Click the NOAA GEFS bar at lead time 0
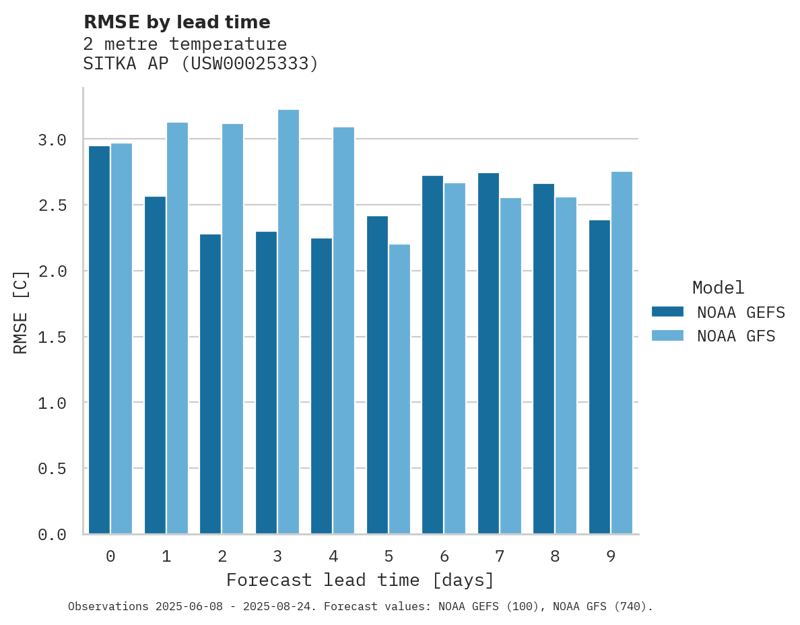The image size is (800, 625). click(99, 340)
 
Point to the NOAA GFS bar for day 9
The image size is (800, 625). click(622, 353)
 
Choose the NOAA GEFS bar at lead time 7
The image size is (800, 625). click(488, 354)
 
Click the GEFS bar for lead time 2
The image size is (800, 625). click(210, 384)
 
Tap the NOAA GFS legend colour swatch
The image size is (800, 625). click(667, 335)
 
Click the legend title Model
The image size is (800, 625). click(718, 288)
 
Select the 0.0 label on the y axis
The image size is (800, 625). click(52, 535)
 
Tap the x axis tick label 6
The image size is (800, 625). click(444, 556)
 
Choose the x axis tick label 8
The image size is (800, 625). click(555, 556)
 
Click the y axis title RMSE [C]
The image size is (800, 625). click(21, 312)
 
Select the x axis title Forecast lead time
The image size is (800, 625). click(360, 580)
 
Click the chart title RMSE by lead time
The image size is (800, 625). click(176, 22)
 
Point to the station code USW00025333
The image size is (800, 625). click(249, 64)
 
